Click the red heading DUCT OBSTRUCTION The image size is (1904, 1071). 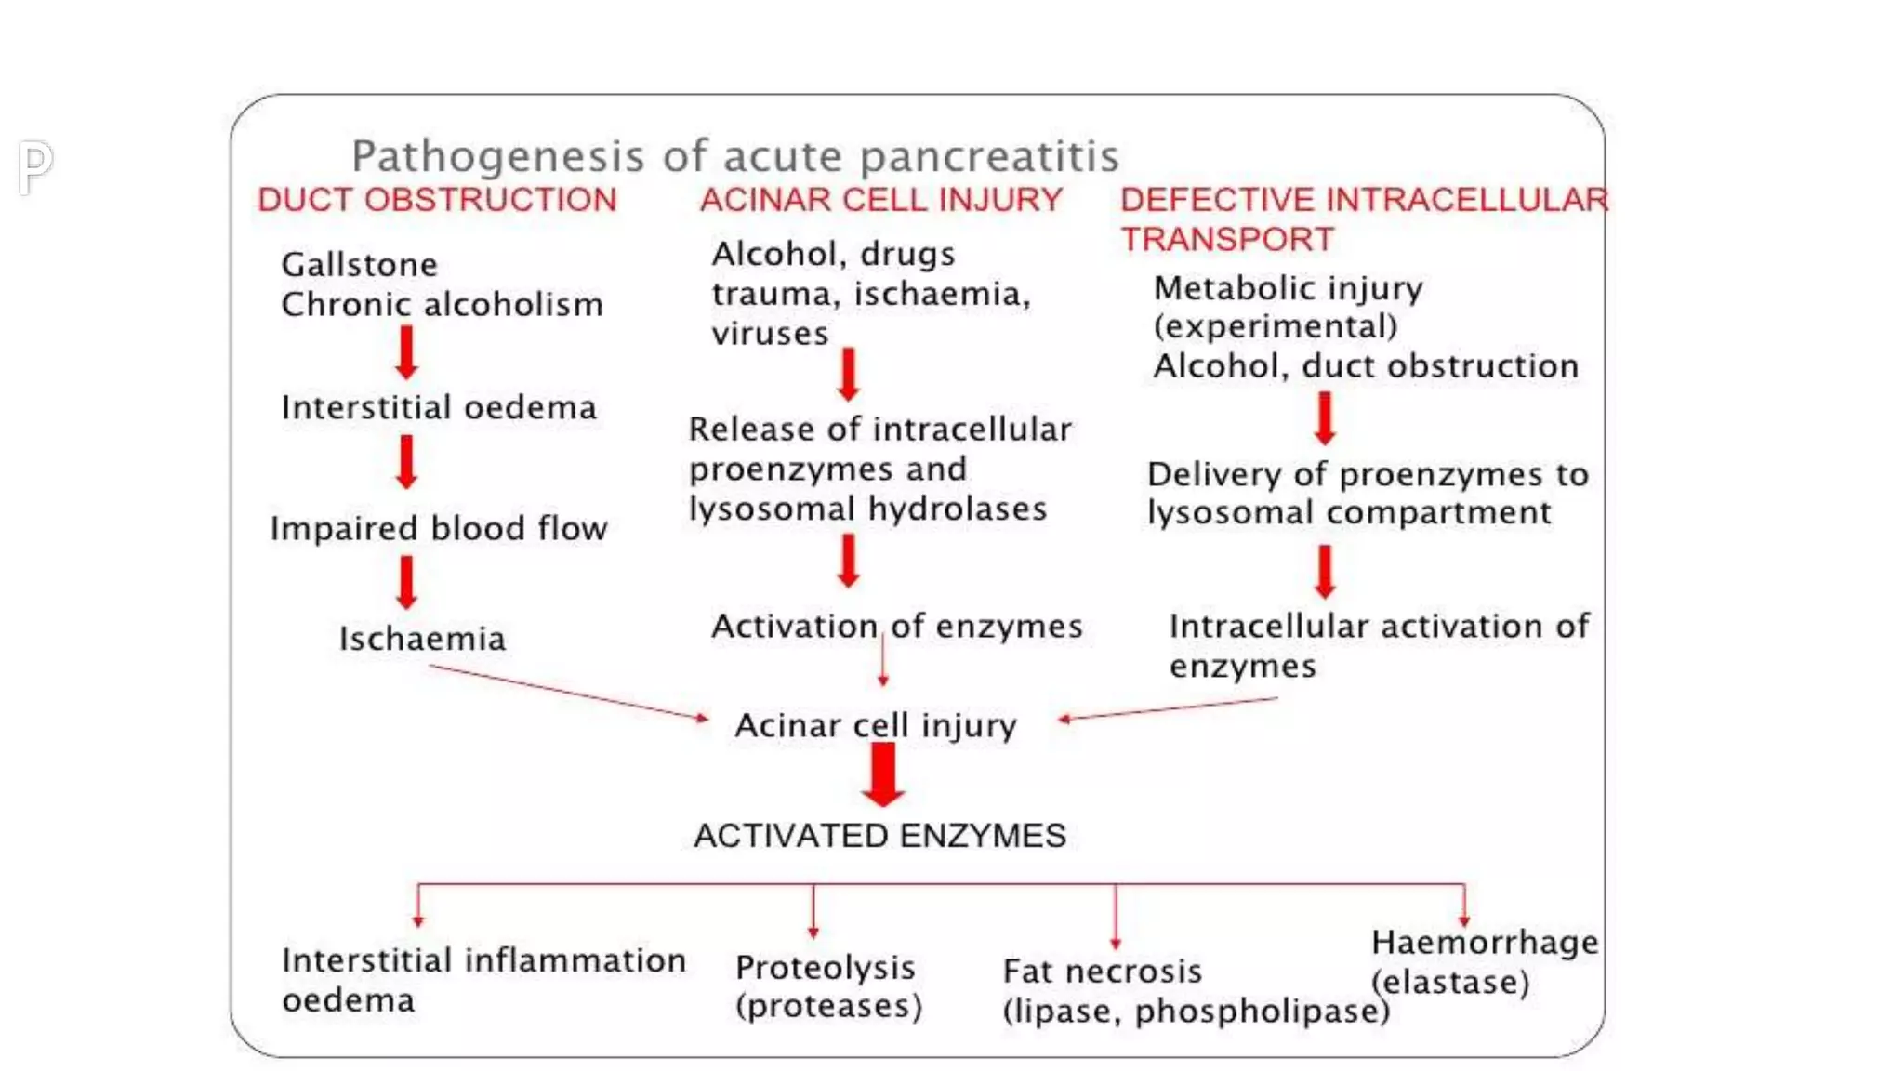(x=437, y=200)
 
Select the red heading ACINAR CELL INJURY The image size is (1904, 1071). (x=880, y=200)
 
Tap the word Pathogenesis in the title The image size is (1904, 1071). (x=497, y=156)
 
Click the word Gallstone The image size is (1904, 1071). (x=359, y=265)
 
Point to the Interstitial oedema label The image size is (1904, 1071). (x=438, y=407)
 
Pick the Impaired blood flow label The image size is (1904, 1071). (x=438, y=528)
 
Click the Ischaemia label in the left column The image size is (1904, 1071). (x=422, y=639)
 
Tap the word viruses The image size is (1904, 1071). (x=770, y=334)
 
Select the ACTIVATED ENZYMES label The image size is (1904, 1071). (x=879, y=836)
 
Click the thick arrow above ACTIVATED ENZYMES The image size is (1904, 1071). (x=882, y=774)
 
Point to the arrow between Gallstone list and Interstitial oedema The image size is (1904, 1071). (x=406, y=352)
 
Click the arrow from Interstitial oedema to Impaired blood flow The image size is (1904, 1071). (x=406, y=462)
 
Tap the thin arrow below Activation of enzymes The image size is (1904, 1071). (x=882, y=662)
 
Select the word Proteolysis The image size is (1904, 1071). (x=825, y=968)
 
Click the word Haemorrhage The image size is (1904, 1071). (x=1485, y=943)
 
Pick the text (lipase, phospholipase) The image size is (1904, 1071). (x=1196, y=1011)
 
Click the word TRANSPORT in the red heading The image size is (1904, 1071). (x=1227, y=240)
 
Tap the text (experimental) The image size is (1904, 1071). (x=1276, y=326)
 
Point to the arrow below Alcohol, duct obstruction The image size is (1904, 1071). (x=1325, y=417)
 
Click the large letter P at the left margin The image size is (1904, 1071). (x=35, y=167)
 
